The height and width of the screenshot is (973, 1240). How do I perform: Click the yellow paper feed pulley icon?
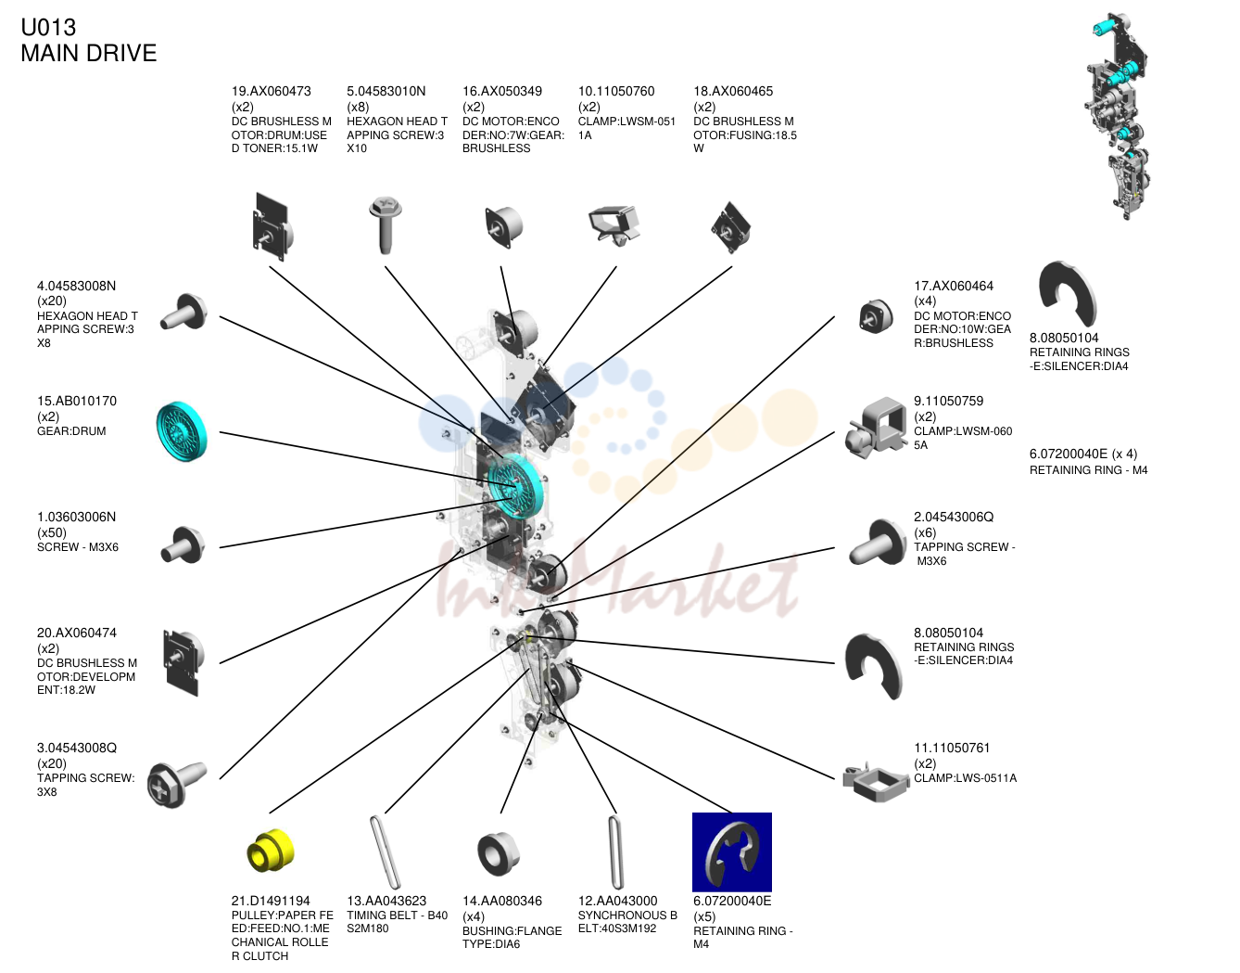tap(271, 851)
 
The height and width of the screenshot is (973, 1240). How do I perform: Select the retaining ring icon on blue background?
tap(731, 851)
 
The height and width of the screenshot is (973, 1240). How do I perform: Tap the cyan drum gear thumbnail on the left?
tap(182, 431)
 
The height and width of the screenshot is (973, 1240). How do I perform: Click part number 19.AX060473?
tap(271, 91)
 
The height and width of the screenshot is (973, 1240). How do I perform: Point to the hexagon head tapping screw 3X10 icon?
tap(386, 225)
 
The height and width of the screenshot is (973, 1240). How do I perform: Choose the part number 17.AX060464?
tap(954, 286)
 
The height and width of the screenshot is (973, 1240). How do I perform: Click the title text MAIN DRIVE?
tap(88, 53)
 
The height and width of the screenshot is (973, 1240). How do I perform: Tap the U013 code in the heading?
tap(48, 27)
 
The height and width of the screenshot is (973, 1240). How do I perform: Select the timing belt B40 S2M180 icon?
tap(386, 851)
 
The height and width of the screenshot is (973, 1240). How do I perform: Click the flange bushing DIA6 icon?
tap(499, 853)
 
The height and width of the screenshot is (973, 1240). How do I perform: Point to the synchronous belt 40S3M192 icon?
tap(615, 851)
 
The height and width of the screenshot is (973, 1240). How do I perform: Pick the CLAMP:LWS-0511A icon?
tap(876, 781)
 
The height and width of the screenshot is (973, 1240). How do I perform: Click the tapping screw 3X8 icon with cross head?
tap(177, 784)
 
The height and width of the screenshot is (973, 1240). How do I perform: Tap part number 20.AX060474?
tap(77, 634)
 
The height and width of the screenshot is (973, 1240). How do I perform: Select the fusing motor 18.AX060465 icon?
tap(730, 227)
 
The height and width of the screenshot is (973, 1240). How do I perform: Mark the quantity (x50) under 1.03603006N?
tap(52, 532)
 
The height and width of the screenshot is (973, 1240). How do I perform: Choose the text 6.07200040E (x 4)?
tap(1083, 454)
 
